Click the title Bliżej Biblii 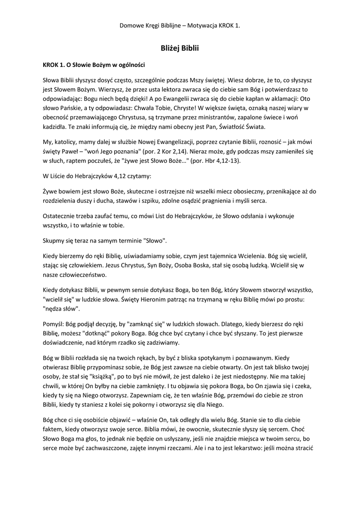tap(180, 49)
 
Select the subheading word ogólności tap(127, 64)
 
